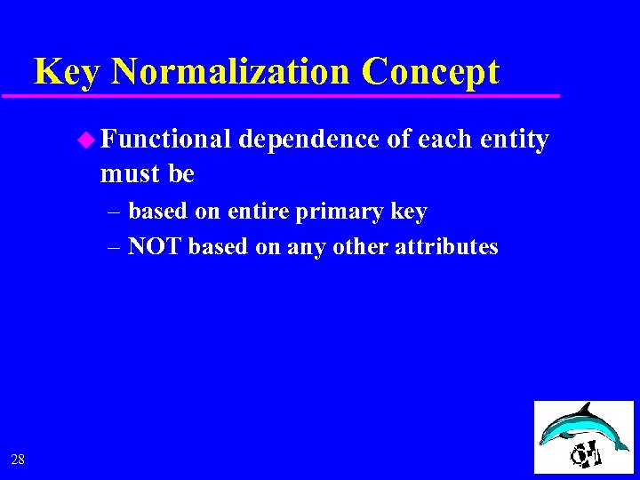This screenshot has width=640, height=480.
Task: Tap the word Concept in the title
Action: pos(433,71)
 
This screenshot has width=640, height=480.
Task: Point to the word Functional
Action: pos(166,140)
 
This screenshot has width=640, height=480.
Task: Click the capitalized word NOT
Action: pos(156,247)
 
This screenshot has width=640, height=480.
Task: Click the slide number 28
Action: pos(18,459)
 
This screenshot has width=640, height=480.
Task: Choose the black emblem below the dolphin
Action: pos(586,452)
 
